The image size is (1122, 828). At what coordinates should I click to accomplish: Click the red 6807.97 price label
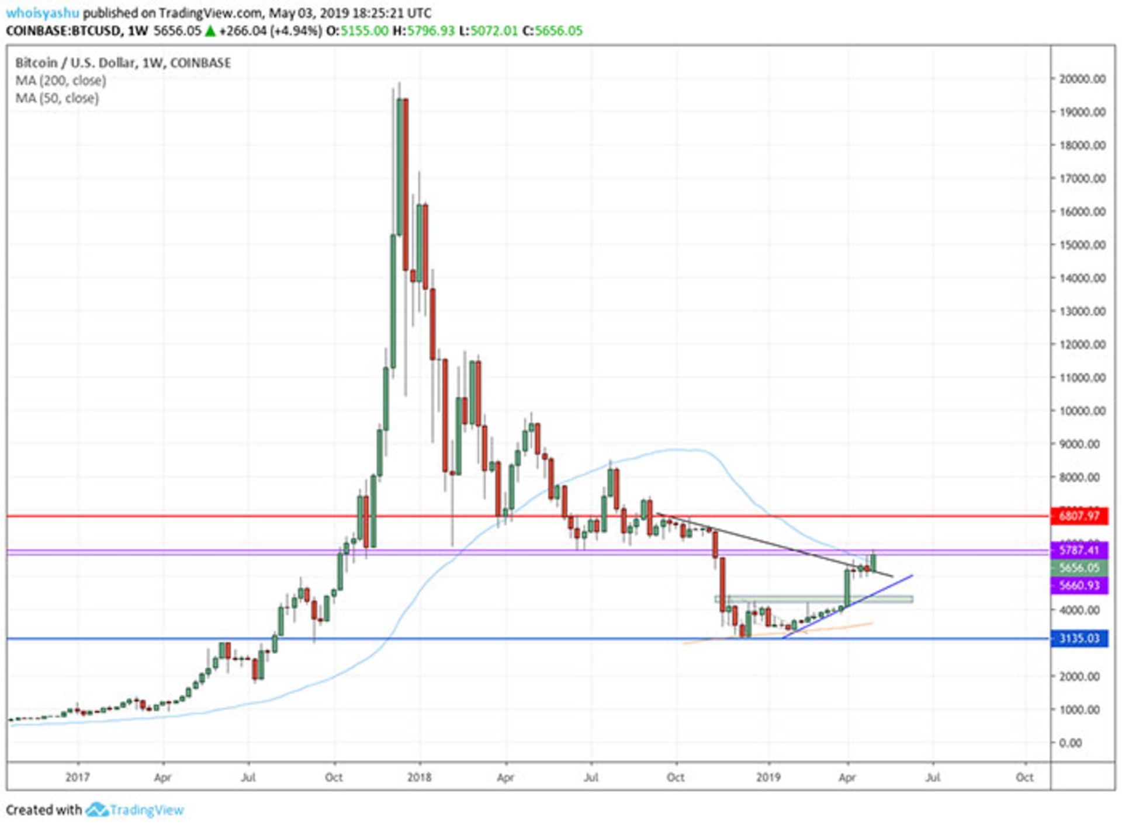coord(1079,516)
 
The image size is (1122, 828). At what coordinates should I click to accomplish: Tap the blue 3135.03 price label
coord(1079,638)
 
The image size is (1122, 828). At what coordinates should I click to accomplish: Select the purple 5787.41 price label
coord(1079,550)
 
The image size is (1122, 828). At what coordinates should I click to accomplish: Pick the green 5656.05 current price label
coord(1079,568)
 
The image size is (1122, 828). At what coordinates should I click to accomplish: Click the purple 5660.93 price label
coord(1079,585)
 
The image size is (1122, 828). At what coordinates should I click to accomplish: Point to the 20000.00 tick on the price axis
coord(1082,79)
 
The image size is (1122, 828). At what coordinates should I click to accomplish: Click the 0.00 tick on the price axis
coord(1082,743)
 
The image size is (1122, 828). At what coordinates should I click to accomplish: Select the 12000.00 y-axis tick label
coord(1082,345)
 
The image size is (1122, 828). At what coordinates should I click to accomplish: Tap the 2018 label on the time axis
coord(419,777)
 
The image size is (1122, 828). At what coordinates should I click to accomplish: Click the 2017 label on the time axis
coord(77,777)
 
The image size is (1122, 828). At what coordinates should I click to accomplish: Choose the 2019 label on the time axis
coord(768,777)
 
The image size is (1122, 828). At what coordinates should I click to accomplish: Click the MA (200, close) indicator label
coord(61,81)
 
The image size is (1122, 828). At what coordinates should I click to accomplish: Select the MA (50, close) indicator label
coord(57,98)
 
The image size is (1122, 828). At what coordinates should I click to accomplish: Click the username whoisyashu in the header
coord(42,13)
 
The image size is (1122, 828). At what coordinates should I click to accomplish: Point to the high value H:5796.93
coord(423,31)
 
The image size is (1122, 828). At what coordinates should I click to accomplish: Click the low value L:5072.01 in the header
coord(488,31)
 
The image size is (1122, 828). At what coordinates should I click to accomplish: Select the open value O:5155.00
coord(357,31)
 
